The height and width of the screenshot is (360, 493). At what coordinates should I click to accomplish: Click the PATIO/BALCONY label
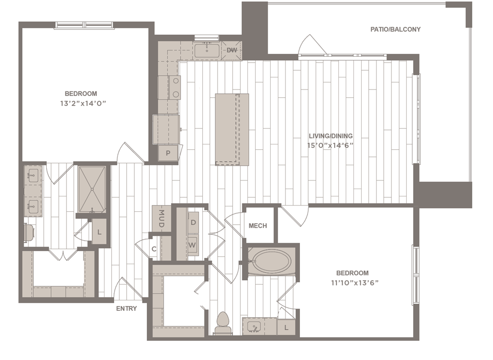pos(395,29)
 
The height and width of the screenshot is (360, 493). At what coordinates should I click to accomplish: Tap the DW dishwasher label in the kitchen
pos(232,50)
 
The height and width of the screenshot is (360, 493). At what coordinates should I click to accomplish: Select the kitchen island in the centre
pos(232,129)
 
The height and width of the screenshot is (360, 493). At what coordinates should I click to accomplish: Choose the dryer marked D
pos(193,222)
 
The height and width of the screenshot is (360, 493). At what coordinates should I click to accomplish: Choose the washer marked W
pos(193,244)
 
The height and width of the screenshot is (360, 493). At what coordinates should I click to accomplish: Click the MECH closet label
pos(258,226)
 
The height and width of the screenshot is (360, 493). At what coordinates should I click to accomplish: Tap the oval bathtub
pos(272,262)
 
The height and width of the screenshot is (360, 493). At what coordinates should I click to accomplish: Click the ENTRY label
pos(127,309)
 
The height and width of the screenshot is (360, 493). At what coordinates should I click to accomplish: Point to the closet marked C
pos(154,249)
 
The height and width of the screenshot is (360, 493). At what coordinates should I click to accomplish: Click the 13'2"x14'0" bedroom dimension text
pos(81,103)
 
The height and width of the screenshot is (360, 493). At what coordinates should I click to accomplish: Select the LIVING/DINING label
pos(330,136)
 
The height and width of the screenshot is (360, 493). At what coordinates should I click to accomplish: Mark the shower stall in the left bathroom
pos(91,189)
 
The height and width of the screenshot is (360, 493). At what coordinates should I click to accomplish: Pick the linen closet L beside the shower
pos(99,231)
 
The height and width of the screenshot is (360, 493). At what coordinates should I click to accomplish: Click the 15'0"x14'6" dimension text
pos(327,145)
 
